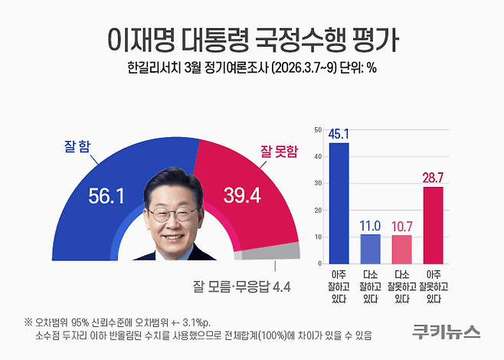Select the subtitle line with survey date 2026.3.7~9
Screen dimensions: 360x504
click(x=251, y=67)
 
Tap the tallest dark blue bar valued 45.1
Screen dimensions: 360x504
click(x=339, y=202)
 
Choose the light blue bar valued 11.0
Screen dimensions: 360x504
click(x=370, y=247)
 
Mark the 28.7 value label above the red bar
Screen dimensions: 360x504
click(x=434, y=178)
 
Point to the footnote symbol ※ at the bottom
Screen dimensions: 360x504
click(x=28, y=321)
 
